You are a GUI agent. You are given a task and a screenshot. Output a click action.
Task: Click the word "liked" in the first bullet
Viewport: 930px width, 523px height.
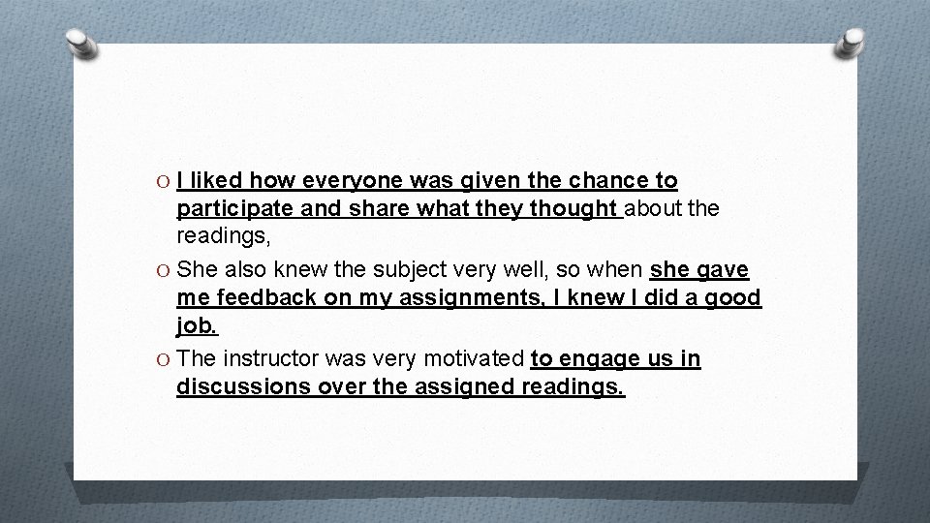(218, 181)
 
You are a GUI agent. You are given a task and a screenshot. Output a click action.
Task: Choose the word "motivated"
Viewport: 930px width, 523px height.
(474, 359)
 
